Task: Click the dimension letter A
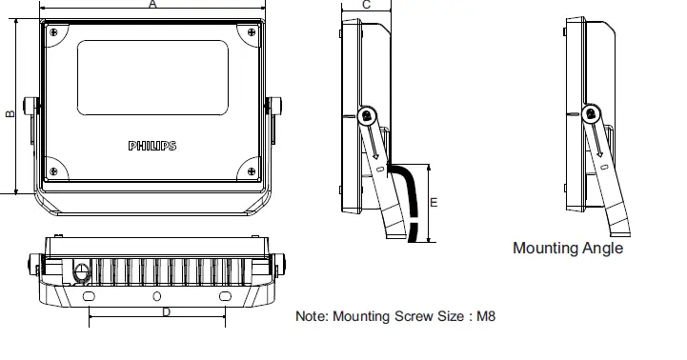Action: tap(152, 4)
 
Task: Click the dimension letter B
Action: tap(10, 114)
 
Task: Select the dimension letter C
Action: tap(367, 5)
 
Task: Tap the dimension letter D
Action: tap(166, 312)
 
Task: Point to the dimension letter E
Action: tap(434, 202)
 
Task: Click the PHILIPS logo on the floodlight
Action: tap(152, 146)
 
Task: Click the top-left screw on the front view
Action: tap(53, 32)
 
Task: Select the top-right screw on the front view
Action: tap(252, 32)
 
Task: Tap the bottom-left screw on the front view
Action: tap(53, 171)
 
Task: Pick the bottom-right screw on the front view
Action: tap(252, 171)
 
